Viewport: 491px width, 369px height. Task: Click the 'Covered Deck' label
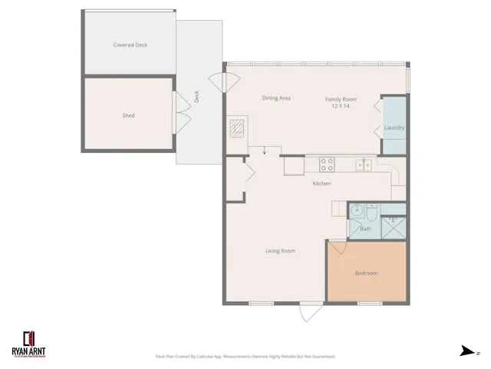[130, 45]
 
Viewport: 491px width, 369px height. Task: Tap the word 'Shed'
[128, 115]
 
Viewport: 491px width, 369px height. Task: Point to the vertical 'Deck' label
[196, 97]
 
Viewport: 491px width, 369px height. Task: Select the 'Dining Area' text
[275, 98]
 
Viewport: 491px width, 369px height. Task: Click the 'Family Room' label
[341, 99]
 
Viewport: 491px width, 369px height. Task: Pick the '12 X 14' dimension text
[341, 106]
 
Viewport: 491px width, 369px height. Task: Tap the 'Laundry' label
[394, 128]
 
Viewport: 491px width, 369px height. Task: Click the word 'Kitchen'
[321, 184]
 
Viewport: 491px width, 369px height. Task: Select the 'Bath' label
[365, 228]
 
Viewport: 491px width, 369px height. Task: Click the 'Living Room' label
[280, 251]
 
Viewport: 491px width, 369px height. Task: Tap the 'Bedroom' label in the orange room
[366, 273]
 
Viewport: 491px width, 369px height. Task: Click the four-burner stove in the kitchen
[327, 164]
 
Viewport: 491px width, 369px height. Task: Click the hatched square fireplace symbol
[237, 128]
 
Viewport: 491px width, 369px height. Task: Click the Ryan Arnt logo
[31, 341]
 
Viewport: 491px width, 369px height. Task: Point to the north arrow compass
[467, 351]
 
